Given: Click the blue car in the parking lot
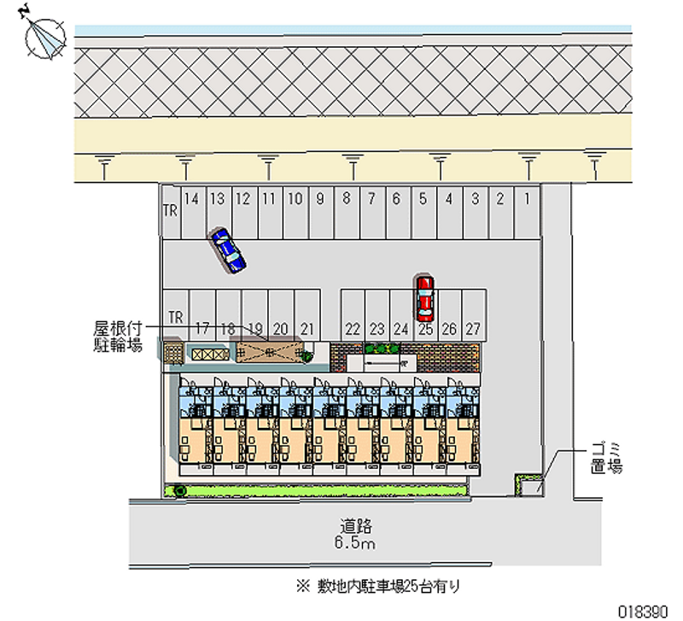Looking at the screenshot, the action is (x=228, y=249).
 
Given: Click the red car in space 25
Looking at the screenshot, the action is (x=424, y=296).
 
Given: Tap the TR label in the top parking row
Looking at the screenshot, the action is (x=170, y=210).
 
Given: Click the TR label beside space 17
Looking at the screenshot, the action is (x=176, y=317).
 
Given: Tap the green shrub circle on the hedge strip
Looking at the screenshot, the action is (x=180, y=490).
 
